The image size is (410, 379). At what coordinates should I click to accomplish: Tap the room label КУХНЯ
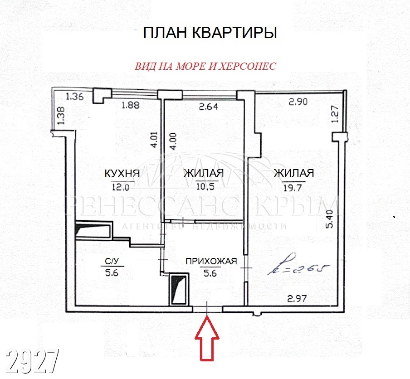pos(122,174)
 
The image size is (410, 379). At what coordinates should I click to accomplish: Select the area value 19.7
pos(293,187)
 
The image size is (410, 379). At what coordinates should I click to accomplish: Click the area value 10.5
pos(205,186)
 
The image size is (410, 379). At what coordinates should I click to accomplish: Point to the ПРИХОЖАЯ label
pos(211,261)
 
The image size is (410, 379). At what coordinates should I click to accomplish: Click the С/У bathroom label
pos(112,261)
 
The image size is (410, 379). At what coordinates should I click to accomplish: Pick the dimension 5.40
pos(330,219)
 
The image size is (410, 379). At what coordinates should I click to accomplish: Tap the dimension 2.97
pos(297,298)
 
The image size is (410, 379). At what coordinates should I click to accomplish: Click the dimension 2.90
pos(298,102)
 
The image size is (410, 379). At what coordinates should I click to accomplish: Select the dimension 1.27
pos(336,114)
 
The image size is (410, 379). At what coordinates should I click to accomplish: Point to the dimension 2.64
pos(208,107)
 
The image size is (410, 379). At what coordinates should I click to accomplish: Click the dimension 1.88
pos(131,105)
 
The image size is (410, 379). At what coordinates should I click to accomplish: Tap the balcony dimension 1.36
pos(74,97)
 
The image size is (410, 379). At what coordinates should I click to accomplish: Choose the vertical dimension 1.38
pos(61,116)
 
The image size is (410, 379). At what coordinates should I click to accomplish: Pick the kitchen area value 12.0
pos(121,187)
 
